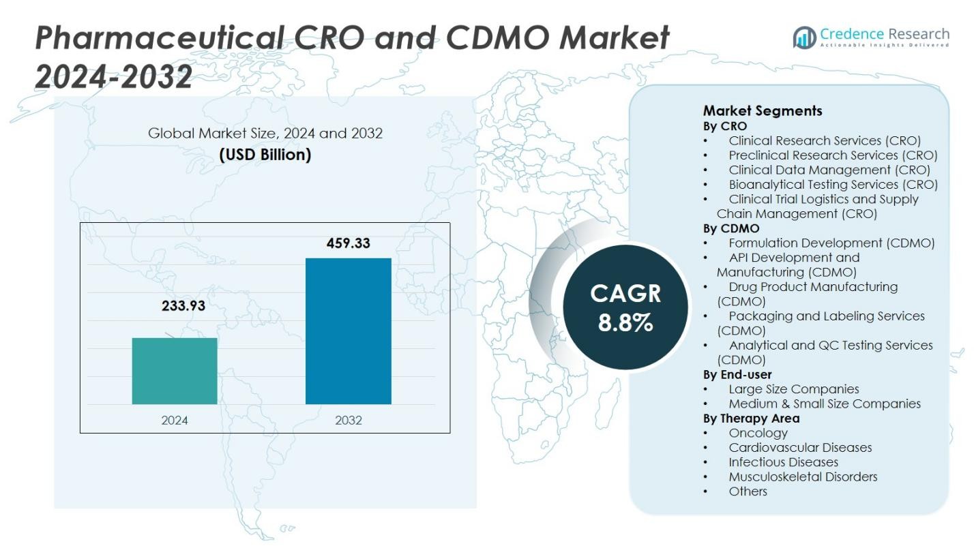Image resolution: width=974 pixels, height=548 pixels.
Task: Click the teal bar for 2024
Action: click(x=175, y=371)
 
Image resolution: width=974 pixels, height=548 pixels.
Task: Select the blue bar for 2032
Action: click(x=348, y=331)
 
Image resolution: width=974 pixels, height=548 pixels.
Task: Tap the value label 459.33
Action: click(x=348, y=243)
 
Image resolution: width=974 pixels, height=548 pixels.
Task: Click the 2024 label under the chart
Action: click(x=175, y=420)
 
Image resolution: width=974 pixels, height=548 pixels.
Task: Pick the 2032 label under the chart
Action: click(x=348, y=420)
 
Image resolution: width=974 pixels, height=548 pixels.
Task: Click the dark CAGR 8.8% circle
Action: click(x=625, y=307)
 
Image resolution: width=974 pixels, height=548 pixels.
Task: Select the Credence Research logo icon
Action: click(x=804, y=37)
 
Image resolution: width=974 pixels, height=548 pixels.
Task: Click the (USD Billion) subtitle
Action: click(x=265, y=155)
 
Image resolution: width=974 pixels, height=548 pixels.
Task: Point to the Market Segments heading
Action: click(x=763, y=110)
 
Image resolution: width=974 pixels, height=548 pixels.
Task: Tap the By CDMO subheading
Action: click(x=731, y=228)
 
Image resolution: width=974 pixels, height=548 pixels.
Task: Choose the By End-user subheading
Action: click(x=737, y=374)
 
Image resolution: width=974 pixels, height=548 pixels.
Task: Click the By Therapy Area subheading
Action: click(x=751, y=418)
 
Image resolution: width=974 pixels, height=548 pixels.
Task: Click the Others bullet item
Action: click(x=748, y=491)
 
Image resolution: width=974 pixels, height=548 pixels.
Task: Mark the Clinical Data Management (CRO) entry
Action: click(x=829, y=170)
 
